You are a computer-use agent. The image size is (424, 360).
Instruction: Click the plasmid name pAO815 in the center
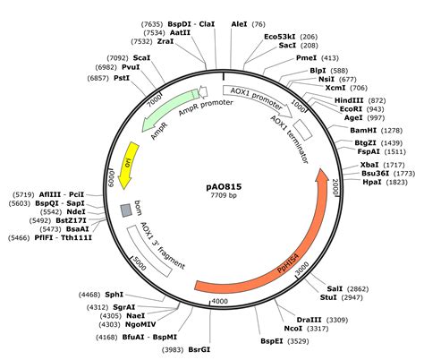click(224, 187)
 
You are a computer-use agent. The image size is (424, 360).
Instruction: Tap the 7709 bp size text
click(224, 195)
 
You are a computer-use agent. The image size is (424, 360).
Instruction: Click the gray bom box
click(126, 210)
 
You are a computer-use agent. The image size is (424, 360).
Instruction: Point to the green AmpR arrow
click(167, 107)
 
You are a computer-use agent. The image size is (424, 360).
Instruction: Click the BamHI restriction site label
click(363, 131)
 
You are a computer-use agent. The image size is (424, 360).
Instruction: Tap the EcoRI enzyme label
click(352, 109)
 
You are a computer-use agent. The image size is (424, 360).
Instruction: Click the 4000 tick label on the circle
click(219, 301)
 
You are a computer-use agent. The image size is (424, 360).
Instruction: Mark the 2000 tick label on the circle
click(335, 187)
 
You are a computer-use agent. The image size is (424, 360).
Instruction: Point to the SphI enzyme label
click(114, 295)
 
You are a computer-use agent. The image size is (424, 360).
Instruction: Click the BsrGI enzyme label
click(199, 349)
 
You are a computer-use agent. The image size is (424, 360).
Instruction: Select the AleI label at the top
click(239, 24)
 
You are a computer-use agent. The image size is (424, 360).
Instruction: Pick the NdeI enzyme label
click(77, 212)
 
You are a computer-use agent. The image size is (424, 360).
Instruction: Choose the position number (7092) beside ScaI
click(118, 58)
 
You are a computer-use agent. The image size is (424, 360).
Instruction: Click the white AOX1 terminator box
click(302, 130)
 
